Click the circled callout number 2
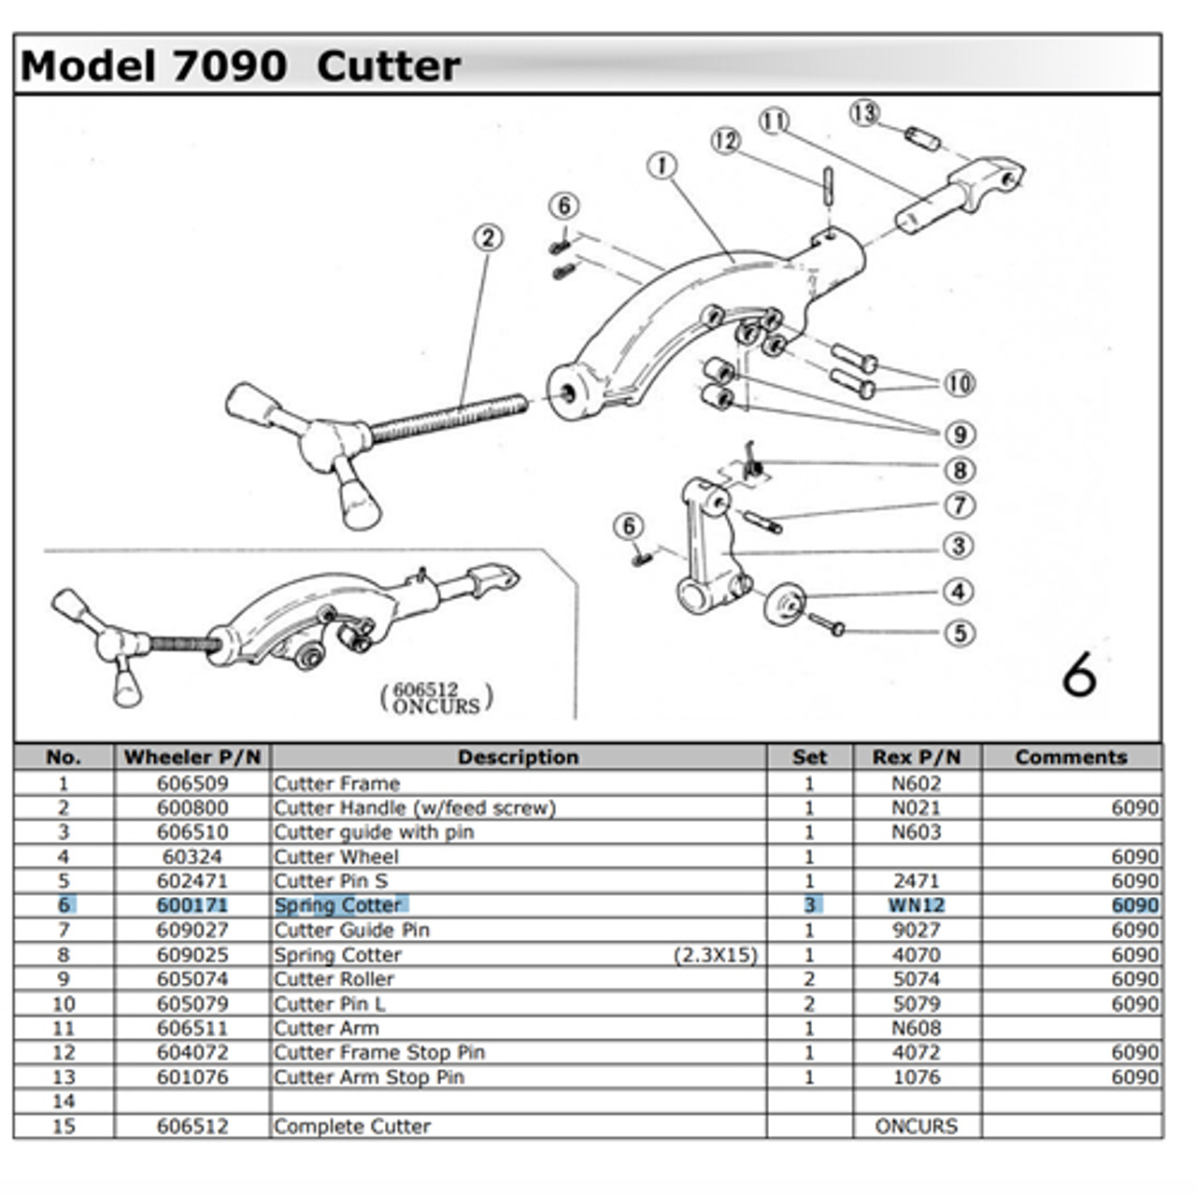(x=488, y=237)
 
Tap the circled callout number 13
(x=864, y=113)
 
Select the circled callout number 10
(x=959, y=383)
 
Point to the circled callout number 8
(x=960, y=470)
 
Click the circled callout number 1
(x=662, y=166)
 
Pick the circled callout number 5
(x=960, y=633)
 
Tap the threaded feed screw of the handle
(x=448, y=418)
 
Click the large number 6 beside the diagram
(x=1079, y=674)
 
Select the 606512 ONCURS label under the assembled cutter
(x=436, y=697)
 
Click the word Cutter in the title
(x=388, y=66)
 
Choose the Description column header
(x=518, y=757)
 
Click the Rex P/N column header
(x=916, y=757)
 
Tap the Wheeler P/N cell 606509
(x=192, y=783)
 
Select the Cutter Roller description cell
(x=334, y=979)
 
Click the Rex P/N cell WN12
(x=916, y=905)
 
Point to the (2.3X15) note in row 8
(x=715, y=955)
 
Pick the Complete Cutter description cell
(x=352, y=1126)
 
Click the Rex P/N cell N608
(x=916, y=1028)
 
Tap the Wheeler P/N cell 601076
(x=192, y=1076)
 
